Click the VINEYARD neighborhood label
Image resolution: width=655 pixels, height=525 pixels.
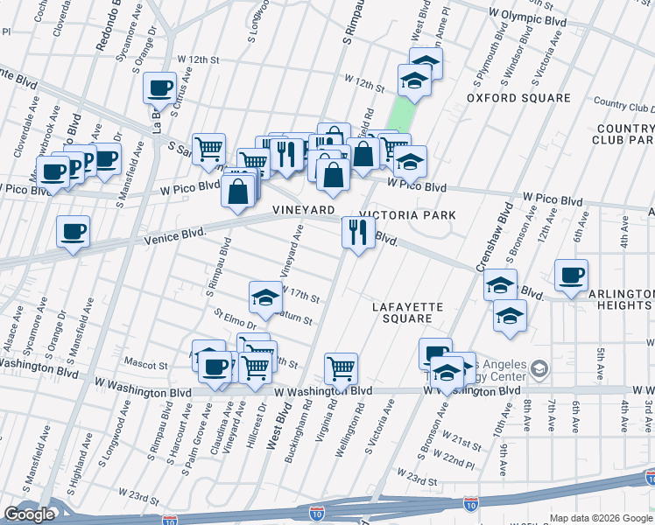coord(303,211)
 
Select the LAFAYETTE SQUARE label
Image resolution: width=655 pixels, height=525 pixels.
coord(408,312)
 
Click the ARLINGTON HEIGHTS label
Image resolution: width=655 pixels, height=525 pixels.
coord(622,299)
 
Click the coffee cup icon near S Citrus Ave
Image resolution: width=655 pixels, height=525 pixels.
coord(159,87)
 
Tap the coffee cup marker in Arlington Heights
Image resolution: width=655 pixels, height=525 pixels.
coord(571,276)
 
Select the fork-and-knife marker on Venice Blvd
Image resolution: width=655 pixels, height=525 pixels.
coord(357,232)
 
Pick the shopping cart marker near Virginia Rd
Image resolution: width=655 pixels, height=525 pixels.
coord(341,368)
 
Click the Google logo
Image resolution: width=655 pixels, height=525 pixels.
coord(30,514)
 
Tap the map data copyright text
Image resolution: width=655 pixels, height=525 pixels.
coord(601,518)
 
